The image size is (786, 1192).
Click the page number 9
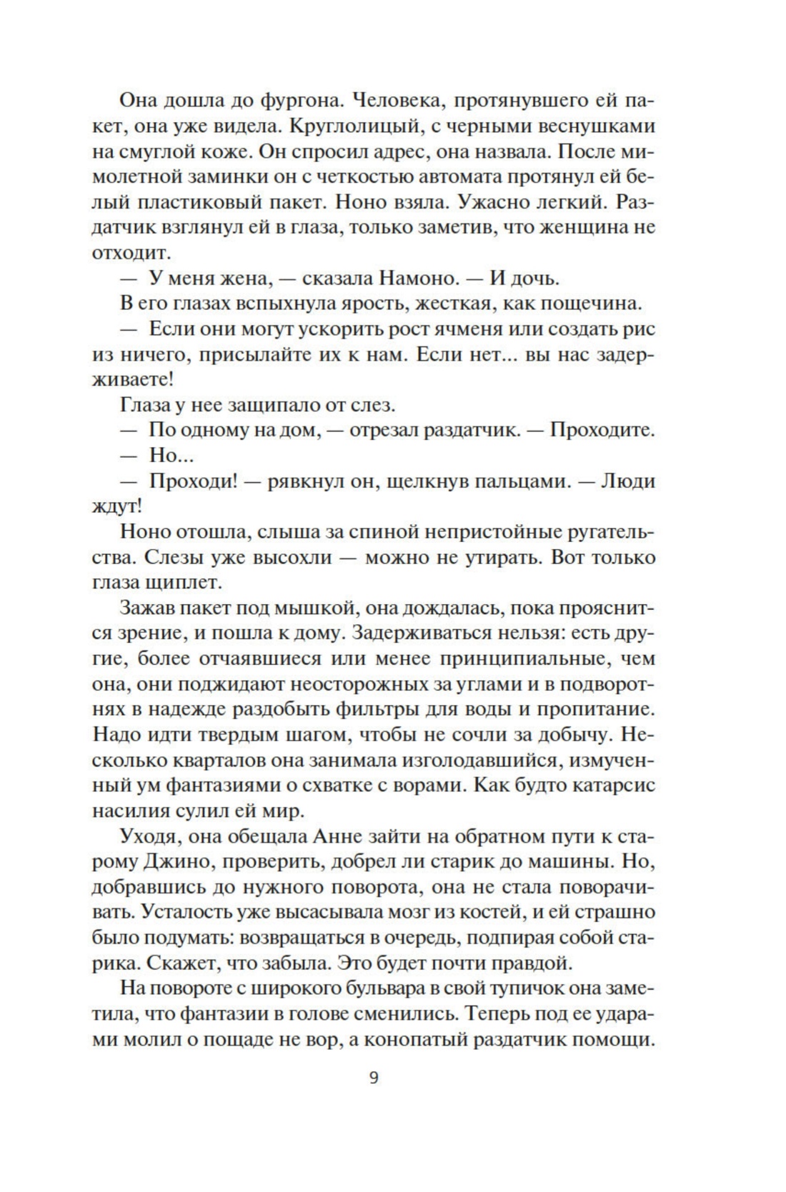(x=374, y=1077)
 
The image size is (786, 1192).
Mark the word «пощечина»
(x=590, y=304)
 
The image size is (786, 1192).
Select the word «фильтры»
(x=417, y=709)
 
